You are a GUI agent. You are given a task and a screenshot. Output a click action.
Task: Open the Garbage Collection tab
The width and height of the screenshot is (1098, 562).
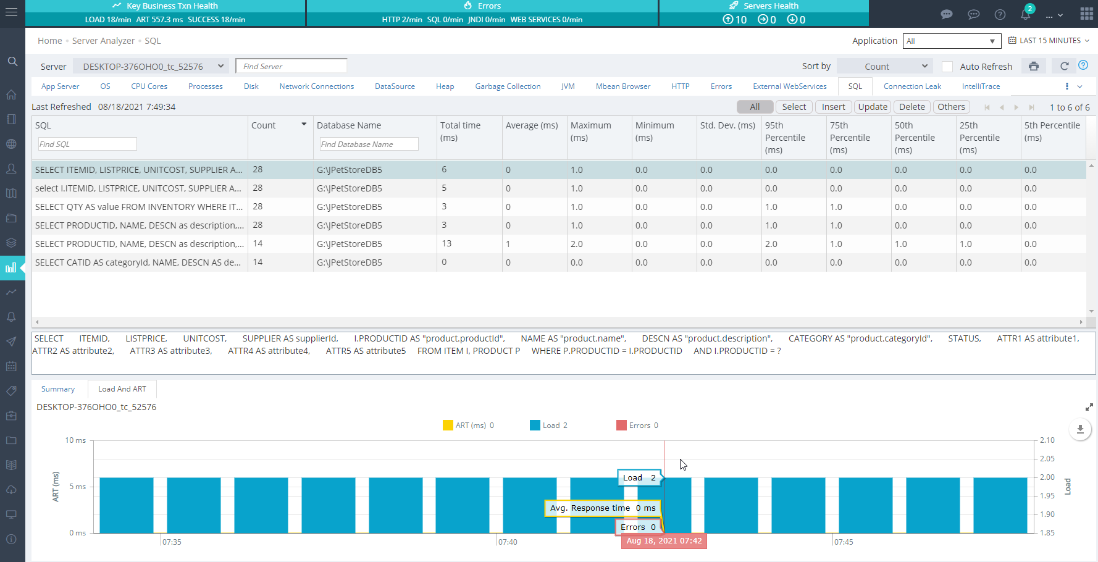508,86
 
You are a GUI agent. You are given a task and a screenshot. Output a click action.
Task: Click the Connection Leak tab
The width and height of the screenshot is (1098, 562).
912,86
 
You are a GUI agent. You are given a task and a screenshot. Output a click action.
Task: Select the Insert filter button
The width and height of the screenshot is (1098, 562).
833,107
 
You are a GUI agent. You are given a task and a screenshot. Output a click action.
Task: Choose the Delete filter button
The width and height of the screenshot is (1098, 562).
912,107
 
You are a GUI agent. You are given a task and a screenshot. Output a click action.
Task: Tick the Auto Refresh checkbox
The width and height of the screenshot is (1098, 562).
947,67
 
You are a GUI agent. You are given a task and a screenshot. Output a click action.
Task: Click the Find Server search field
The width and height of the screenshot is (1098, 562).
291,66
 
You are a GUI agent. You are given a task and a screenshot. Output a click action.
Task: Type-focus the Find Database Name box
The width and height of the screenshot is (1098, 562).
369,144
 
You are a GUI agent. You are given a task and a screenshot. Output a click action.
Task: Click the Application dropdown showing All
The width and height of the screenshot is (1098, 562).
952,41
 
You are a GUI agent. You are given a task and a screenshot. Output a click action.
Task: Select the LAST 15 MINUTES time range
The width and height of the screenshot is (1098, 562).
1049,41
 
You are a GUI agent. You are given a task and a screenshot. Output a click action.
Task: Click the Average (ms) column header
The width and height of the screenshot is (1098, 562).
532,125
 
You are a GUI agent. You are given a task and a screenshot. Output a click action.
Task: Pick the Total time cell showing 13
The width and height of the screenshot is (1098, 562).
446,243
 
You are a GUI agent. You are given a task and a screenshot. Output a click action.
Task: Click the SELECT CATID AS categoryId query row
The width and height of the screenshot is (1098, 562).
138,262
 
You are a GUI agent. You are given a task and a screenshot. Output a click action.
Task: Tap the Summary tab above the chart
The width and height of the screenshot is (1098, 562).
58,389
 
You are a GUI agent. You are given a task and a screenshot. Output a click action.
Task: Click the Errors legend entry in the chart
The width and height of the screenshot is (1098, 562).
637,426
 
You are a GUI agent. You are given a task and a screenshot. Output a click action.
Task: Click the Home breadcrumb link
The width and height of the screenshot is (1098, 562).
49,41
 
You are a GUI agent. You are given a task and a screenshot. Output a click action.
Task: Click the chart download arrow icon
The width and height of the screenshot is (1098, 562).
1080,429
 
